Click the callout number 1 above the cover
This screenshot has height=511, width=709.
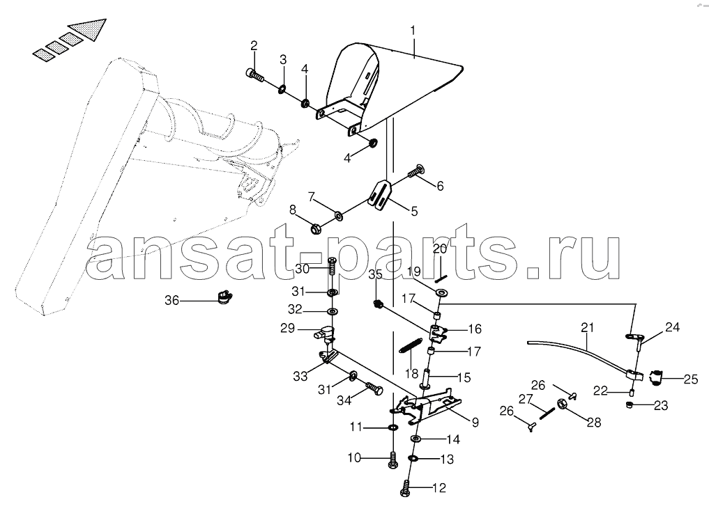(x=413, y=31)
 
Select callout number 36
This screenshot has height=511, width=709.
(x=171, y=300)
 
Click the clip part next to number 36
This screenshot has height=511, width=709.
(x=224, y=297)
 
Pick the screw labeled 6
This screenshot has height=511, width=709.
(x=416, y=171)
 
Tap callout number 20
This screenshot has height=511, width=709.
(x=439, y=249)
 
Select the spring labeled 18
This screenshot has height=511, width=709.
(x=411, y=346)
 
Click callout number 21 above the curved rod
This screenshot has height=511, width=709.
(x=587, y=327)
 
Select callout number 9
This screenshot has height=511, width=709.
(x=475, y=423)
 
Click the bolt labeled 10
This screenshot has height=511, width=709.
(x=392, y=459)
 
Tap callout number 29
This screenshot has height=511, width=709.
(x=288, y=328)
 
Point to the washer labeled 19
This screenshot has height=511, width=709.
(x=442, y=292)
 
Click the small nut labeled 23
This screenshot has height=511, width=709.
(x=630, y=405)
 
